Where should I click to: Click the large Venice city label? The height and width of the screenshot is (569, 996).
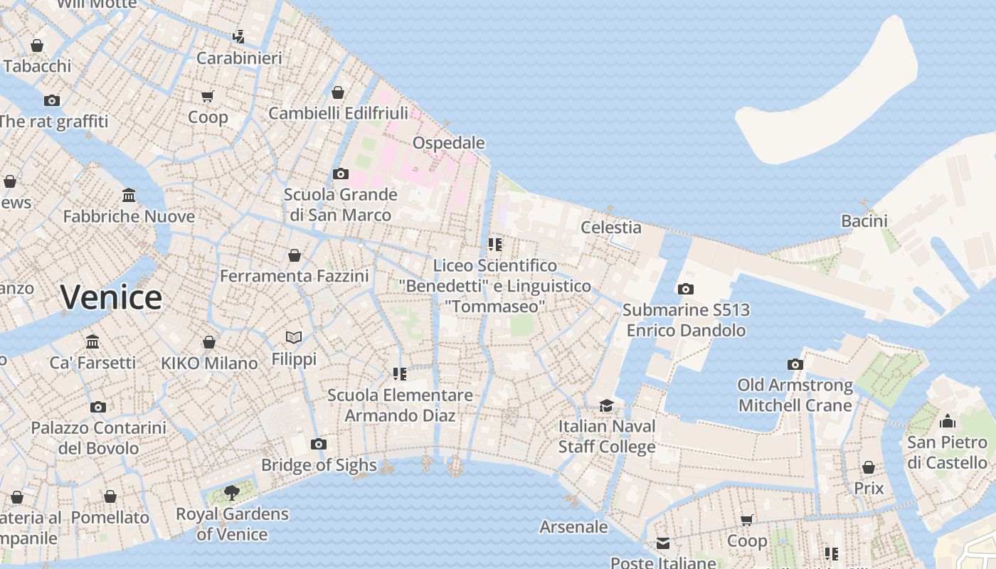coord(111,297)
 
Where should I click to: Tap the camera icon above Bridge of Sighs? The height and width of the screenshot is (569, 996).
coord(319,445)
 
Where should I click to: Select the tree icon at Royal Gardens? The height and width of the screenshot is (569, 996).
coord(231,492)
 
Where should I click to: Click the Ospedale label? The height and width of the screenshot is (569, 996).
coord(449,143)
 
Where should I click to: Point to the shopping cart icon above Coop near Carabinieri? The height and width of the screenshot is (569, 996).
coord(207,96)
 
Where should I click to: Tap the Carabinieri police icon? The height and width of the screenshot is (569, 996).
coord(239,37)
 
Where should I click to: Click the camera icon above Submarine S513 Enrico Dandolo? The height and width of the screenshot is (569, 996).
coord(686,289)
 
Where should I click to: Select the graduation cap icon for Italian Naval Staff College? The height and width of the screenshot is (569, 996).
coord(606,405)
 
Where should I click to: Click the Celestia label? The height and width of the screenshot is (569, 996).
coord(611,228)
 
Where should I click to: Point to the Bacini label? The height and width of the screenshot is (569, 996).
coord(864,221)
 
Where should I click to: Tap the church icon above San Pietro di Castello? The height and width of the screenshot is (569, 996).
coord(947,421)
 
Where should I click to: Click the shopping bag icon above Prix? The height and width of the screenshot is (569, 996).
coord(869,467)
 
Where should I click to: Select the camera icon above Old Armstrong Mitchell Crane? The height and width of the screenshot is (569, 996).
coord(795,364)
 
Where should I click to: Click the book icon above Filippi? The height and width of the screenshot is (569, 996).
coord(294,337)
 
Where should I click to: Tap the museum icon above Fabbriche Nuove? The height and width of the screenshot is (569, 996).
coord(129,195)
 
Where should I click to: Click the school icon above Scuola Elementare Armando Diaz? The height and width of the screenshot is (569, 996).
coord(400,373)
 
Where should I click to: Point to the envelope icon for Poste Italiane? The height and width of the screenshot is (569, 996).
coord(663,544)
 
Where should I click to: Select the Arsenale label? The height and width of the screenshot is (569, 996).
coord(574,527)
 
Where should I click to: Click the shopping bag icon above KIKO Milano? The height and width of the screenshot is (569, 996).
coord(209,342)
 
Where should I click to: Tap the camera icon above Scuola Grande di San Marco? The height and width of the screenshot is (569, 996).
coord(341,174)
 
